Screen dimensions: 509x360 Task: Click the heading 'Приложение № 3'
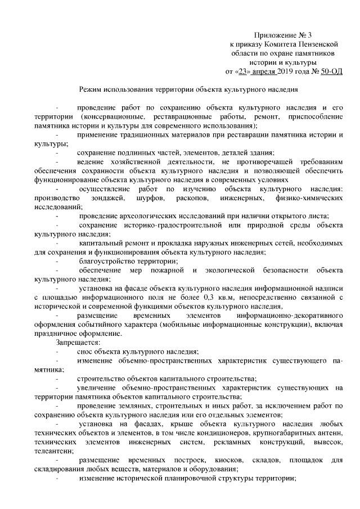click(x=279, y=35)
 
